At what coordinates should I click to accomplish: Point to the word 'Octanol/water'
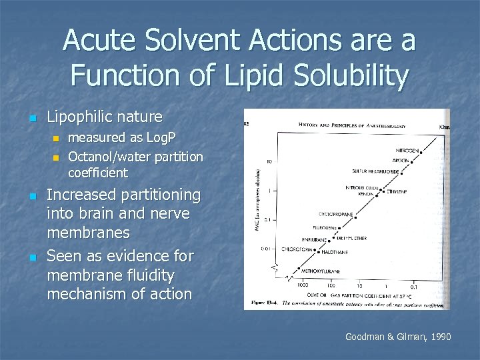[x=111, y=157]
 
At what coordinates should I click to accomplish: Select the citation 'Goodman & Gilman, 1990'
[x=398, y=337]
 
